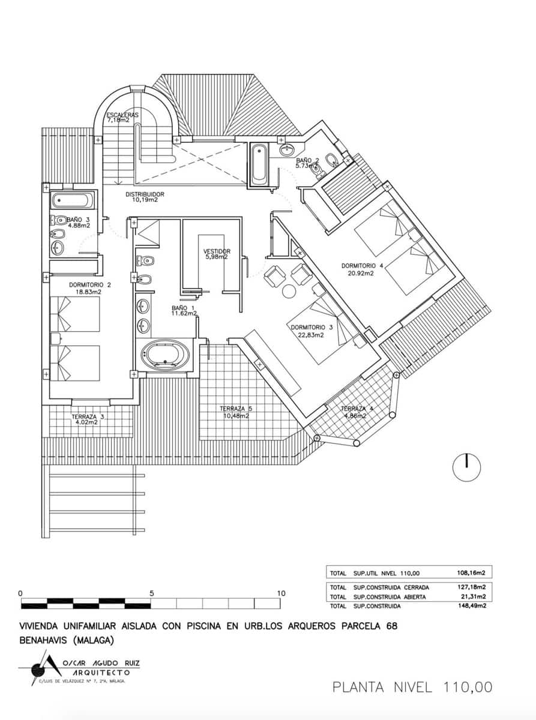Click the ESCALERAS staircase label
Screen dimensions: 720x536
click(x=122, y=115)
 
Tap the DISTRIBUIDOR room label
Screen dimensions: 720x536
click(x=145, y=194)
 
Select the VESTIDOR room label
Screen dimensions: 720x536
click(x=217, y=251)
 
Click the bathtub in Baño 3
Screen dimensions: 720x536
click(x=71, y=200)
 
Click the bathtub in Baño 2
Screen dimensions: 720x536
click(x=259, y=164)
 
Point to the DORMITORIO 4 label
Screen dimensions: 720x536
click(x=362, y=265)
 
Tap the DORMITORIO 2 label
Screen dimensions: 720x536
click(x=90, y=285)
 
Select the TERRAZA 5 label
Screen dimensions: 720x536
click(x=233, y=409)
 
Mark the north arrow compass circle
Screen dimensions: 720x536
click(x=466, y=467)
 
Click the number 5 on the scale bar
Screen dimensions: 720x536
click(x=152, y=593)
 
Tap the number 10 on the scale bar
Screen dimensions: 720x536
click(x=281, y=593)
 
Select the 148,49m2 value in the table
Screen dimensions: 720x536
click(x=471, y=606)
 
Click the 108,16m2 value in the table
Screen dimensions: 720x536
click(x=471, y=573)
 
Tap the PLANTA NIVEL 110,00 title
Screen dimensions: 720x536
click(x=412, y=687)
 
